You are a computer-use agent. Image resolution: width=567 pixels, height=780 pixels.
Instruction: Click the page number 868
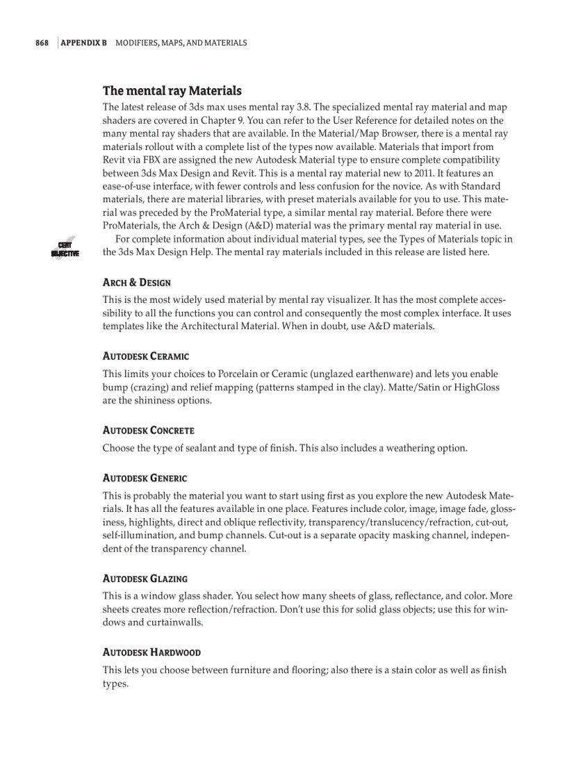coord(42,43)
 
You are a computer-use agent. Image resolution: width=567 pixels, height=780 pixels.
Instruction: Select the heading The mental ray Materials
coord(172,91)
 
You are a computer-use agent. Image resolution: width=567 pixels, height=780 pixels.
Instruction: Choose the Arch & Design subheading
coord(137,283)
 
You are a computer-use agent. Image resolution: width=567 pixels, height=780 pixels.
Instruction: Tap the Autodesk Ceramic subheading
coord(146,356)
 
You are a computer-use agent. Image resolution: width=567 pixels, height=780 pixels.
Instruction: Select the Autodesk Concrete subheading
coord(149,431)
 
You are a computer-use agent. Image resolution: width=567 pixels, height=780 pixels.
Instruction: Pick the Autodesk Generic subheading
coord(145,479)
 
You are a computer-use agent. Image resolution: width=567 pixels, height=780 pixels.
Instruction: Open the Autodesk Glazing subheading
coord(145,579)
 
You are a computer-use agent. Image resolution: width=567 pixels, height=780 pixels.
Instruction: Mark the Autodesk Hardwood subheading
coord(152,653)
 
